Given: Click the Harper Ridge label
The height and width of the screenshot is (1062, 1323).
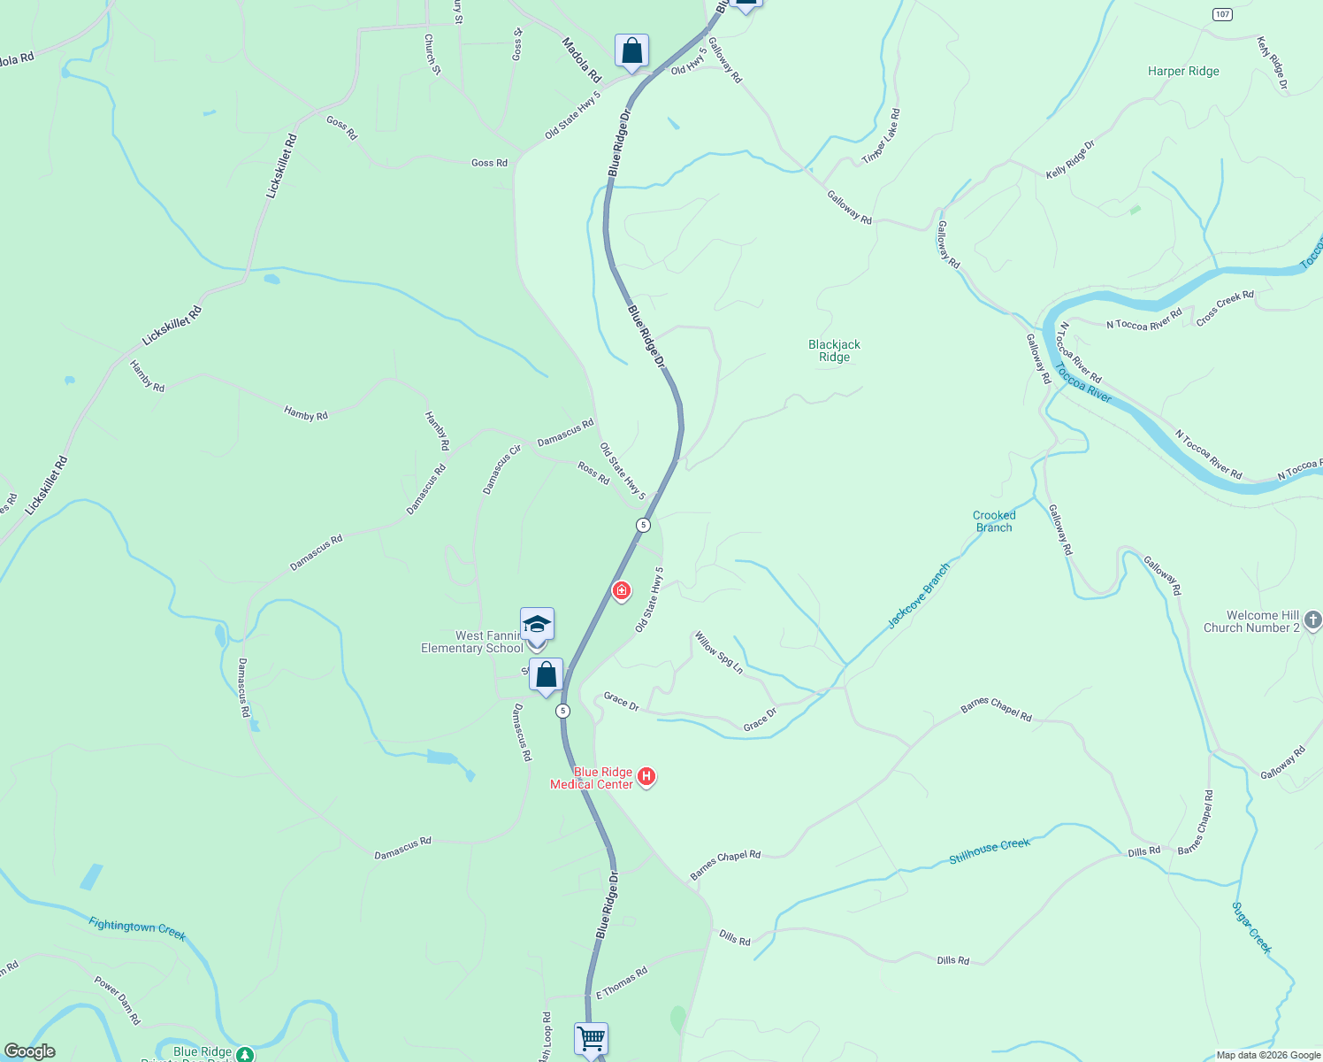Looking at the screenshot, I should [1183, 72].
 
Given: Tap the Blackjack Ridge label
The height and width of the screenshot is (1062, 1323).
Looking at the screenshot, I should [834, 350].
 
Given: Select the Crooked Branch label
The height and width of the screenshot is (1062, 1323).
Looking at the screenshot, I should [994, 521].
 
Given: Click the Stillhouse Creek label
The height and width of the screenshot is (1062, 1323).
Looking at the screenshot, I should [990, 850].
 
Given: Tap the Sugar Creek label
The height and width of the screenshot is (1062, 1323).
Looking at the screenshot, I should [1252, 927].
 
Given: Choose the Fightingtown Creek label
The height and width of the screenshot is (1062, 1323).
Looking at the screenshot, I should [137, 928].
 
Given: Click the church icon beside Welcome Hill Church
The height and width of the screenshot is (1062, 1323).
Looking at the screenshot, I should [1312, 620].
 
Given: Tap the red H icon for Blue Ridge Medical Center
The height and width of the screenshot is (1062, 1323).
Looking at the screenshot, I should [646, 777].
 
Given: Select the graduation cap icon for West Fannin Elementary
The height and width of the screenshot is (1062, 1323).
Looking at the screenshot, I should [537, 625].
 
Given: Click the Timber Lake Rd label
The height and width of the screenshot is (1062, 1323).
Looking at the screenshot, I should [881, 136].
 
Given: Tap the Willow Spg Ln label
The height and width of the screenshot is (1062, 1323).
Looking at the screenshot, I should [719, 652].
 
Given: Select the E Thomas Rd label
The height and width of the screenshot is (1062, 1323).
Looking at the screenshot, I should [622, 982].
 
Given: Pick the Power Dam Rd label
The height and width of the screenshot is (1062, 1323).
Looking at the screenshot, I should [118, 999].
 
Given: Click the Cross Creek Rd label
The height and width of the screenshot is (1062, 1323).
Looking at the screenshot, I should [1225, 308].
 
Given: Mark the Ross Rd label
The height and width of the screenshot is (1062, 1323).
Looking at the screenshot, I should [593, 473].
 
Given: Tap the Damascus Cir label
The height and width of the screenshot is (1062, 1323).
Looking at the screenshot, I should [501, 469].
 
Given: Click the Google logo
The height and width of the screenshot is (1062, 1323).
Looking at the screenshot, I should [30, 1051].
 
